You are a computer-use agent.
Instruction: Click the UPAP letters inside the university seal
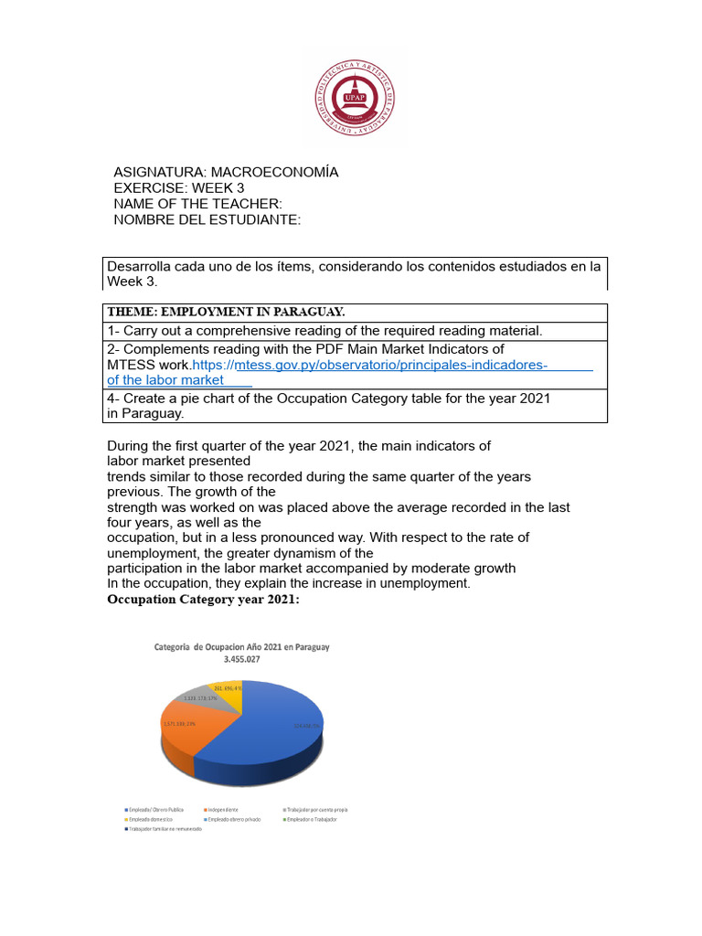coord(351,94)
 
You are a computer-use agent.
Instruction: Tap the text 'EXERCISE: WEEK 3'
coord(179,188)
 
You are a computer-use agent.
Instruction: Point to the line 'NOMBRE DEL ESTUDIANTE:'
coord(207,220)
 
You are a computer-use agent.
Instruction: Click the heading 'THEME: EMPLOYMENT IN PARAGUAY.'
coord(226,311)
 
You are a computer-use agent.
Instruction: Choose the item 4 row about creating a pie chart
coord(329,405)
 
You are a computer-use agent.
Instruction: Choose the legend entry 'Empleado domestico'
coord(149,820)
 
